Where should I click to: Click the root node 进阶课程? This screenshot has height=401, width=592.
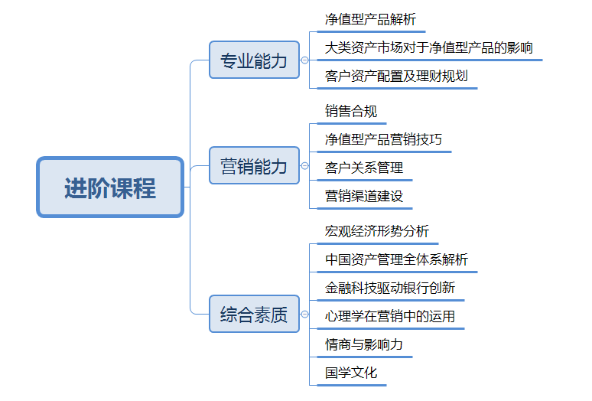(x=110, y=187)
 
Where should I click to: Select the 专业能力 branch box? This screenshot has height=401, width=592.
(x=254, y=60)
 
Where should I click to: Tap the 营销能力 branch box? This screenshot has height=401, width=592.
(x=254, y=165)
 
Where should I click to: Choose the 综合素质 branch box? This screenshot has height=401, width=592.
(x=254, y=314)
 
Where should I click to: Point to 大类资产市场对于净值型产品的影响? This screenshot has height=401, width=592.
(x=428, y=47)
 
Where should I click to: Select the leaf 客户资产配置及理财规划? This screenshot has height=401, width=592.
(x=396, y=76)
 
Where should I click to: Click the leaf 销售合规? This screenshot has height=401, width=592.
(x=351, y=112)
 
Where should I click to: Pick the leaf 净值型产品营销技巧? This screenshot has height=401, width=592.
(x=383, y=139)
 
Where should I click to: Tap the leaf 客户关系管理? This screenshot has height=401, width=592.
(x=364, y=167)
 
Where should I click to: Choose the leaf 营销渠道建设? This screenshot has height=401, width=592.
(x=364, y=195)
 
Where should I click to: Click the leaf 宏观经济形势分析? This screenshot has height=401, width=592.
(x=377, y=231)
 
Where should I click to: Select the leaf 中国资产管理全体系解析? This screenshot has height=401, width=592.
(x=396, y=259)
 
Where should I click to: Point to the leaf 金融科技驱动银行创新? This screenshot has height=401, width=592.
(x=390, y=288)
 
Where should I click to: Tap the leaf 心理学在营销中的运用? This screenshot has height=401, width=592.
(x=390, y=316)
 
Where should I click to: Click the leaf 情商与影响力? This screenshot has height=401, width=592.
(x=364, y=344)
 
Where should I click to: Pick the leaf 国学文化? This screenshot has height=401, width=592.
(x=351, y=373)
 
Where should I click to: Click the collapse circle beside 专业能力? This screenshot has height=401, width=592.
(x=304, y=60)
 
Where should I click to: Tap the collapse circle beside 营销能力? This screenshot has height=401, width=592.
(x=304, y=165)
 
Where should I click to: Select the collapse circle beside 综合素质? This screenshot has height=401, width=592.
(x=304, y=314)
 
